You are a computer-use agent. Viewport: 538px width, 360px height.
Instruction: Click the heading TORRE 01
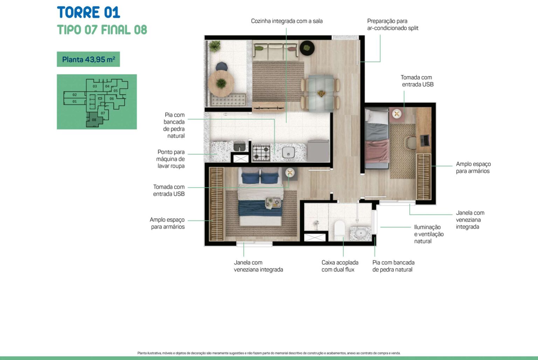pos(88,12)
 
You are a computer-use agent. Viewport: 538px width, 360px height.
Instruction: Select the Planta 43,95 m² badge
pos(88,59)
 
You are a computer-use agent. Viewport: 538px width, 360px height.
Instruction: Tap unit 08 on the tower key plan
pos(94,120)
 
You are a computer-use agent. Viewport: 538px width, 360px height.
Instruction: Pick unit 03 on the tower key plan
pos(95,86)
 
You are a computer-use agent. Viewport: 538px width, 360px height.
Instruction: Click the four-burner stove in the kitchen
pos(261,152)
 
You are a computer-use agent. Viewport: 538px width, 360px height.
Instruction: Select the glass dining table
pos(320,93)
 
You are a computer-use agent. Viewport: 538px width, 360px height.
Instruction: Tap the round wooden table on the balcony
pos(221,83)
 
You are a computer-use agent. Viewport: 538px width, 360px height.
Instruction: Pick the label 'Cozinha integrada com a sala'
pos(287,21)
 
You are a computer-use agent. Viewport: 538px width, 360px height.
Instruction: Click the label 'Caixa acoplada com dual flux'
pos(340,266)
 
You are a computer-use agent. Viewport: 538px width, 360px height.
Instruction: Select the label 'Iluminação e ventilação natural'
pos(429,234)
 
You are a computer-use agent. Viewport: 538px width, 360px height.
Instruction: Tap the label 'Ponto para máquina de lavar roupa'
pos(171,159)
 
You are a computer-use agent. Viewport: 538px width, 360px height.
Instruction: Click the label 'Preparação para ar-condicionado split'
pos(393,25)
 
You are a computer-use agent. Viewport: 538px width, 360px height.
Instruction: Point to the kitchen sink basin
pos(288,152)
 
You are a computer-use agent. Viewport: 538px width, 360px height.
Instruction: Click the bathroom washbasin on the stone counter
pos(360,233)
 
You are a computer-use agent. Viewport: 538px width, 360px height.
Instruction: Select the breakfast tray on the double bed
pos(273,202)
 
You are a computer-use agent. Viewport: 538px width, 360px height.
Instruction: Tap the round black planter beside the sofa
pos(307,48)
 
